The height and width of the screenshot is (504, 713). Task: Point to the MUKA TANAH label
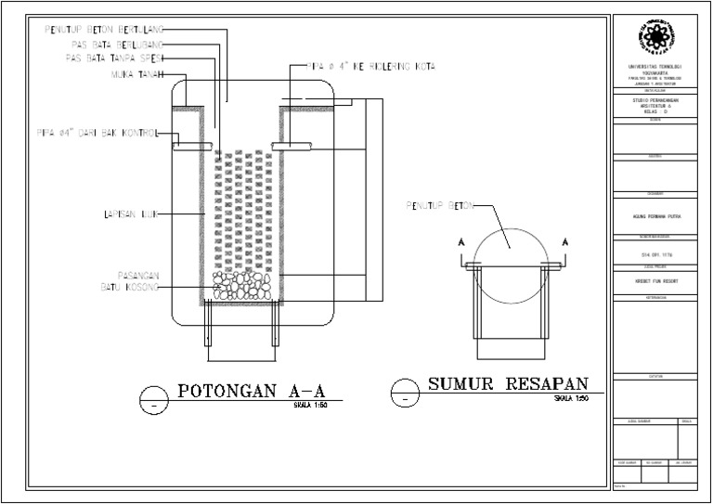coord(136,74)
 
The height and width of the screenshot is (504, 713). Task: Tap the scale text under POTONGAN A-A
coord(309,406)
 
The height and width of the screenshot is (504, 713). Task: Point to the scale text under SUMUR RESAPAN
coord(570,399)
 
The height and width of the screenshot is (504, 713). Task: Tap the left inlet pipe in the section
coord(193,145)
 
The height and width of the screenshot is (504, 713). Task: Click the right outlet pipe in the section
coord(292,145)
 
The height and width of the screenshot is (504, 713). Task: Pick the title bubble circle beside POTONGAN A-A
coord(149,398)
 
